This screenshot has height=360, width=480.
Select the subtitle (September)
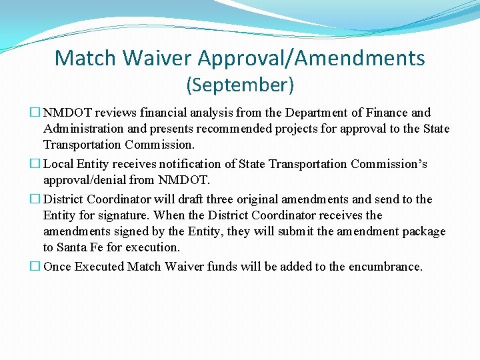[x=240, y=85]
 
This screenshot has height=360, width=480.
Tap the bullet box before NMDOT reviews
[x=37, y=113]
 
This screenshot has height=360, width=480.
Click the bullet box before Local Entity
[x=37, y=164]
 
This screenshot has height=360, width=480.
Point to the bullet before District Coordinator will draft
[x=37, y=199]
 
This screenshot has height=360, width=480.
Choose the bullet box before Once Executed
[x=37, y=267]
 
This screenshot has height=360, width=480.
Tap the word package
[x=423, y=231]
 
